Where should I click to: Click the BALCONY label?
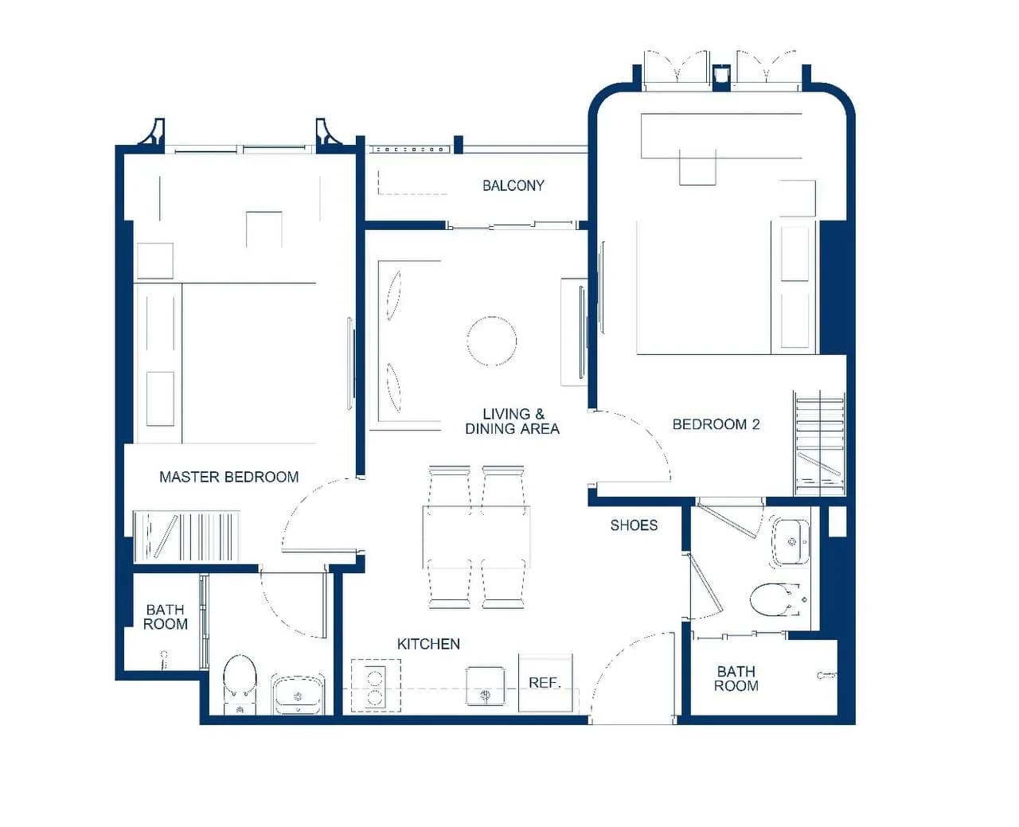click(513, 185)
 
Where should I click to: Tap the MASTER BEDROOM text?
click(228, 477)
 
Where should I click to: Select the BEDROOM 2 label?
click(716, 424)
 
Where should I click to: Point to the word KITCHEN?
click(428, 644)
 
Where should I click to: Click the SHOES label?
click(634, 525)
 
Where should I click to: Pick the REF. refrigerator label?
click(545, 683)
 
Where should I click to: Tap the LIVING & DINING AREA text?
click(513, 421)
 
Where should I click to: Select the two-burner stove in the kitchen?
click(376, 685)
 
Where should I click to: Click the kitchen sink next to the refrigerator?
click(486, 685)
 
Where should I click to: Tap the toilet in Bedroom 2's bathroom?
click(775, 599)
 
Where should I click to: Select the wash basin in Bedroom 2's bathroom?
click(791, 541)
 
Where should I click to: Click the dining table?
click(476, 536)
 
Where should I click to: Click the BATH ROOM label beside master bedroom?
click(165, 617)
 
